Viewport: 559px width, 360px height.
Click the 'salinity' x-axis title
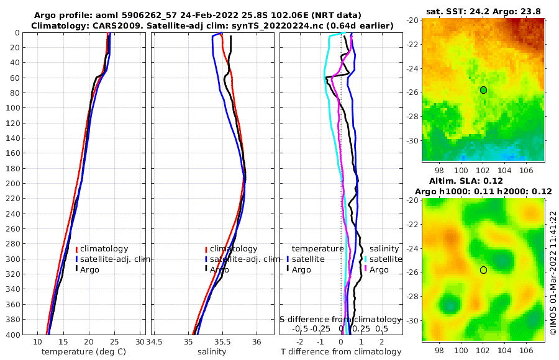coord(212,352)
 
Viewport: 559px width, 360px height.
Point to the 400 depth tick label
coord(12,335)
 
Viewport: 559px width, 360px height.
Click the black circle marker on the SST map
coord(483,90)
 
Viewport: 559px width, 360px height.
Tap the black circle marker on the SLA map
coord(483,270)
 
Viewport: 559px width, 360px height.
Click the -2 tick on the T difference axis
coord(300,342)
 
